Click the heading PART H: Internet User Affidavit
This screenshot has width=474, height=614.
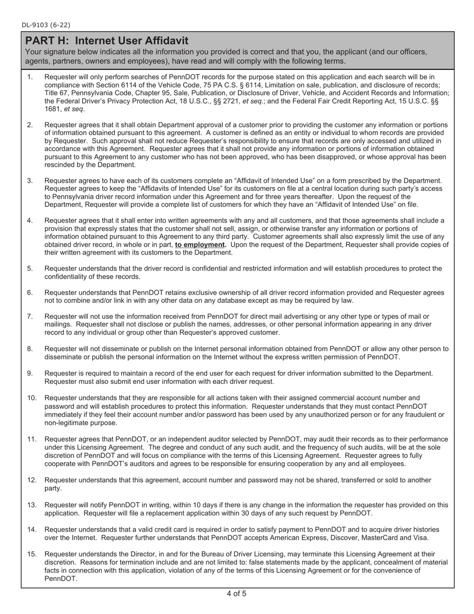point(107,41)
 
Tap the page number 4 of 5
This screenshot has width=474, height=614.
point(237,594)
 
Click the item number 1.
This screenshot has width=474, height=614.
point(30,77)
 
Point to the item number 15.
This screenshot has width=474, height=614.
point(32,554)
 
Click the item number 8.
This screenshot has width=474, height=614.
point(30,349)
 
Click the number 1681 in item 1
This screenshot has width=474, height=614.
point(53,109)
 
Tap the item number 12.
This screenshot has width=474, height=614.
point(32,480)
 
